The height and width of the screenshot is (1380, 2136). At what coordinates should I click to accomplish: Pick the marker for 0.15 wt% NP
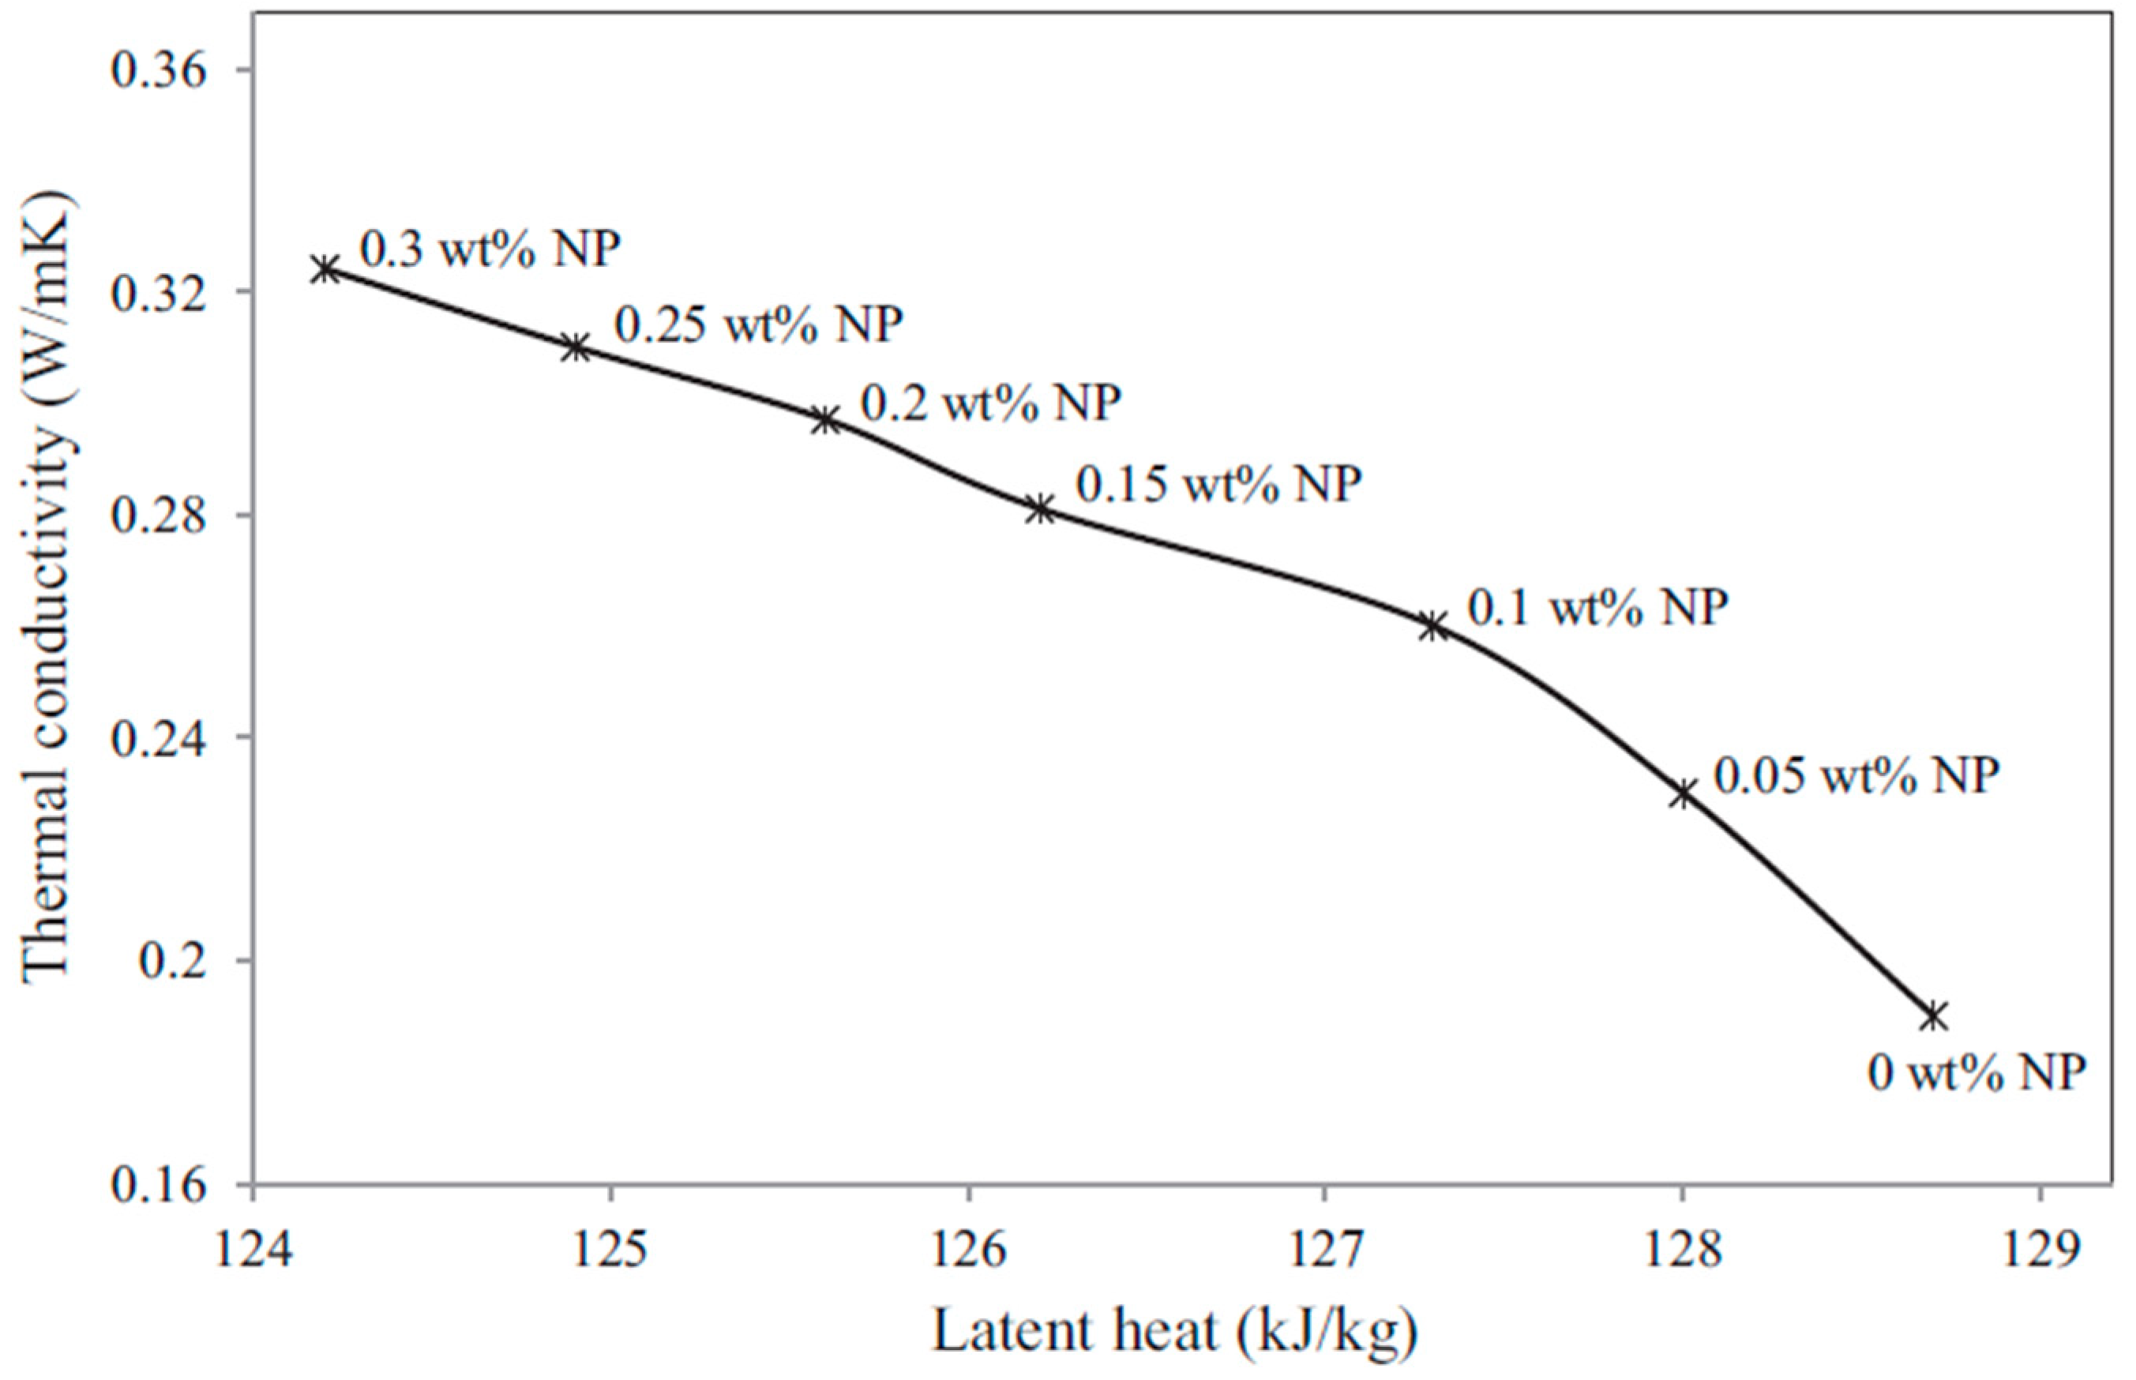click(x=1040, y=509)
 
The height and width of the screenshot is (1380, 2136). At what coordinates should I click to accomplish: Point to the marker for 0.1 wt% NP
click(x=1432, y=625)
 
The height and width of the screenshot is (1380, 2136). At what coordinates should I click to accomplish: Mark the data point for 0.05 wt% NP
click(x=1683, y=793)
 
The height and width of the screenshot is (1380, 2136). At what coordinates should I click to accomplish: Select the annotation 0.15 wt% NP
click(x=1218, y=485)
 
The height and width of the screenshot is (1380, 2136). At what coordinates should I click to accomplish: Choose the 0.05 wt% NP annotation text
click(x=1856, y=775)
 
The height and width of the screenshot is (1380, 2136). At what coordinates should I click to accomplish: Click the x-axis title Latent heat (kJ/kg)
click(x=1175, y=1331)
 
